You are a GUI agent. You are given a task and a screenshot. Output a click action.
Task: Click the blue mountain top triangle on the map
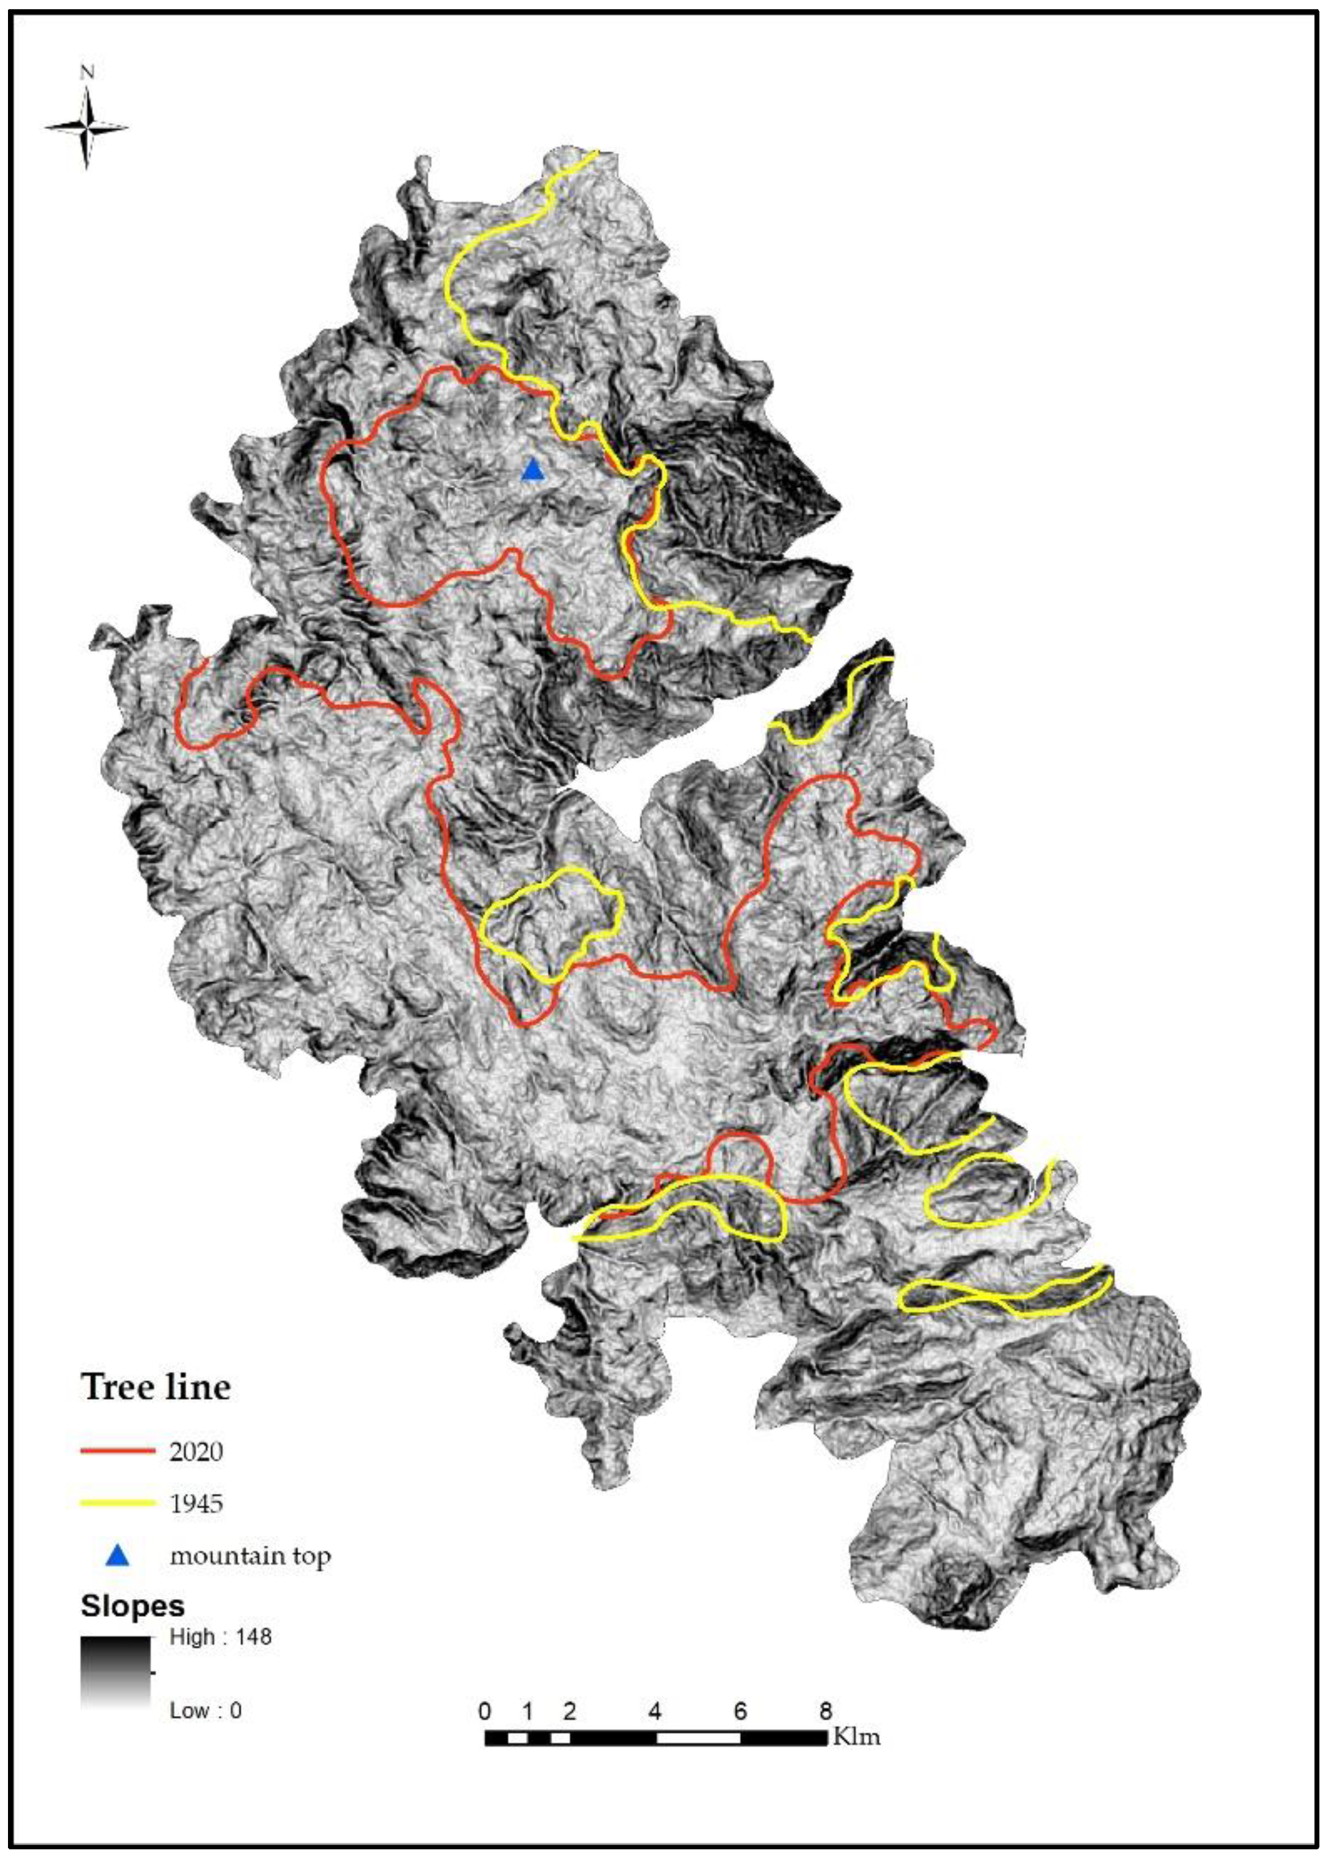[x=532, y=470]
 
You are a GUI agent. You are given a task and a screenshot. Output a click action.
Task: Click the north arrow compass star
[x=87, y=127]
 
